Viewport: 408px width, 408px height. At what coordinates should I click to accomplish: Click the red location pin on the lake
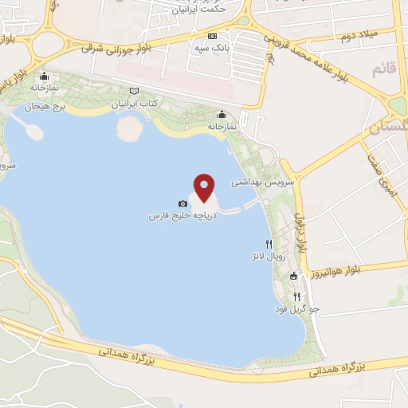coord(205,188)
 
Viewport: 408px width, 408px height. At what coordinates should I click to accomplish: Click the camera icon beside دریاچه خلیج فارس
coord(183,205)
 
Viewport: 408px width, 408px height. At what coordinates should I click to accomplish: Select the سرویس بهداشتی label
coord(263,182)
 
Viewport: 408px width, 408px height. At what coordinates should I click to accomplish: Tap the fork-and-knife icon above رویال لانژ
coord(269,245)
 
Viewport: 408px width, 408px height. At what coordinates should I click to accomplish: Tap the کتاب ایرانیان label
coord(134,104)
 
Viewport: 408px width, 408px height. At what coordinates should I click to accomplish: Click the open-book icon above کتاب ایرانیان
coord(134,92)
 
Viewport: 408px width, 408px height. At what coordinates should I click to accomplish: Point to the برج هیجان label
coord(43,106)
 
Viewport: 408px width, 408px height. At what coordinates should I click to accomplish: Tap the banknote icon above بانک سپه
coord(212,37)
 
